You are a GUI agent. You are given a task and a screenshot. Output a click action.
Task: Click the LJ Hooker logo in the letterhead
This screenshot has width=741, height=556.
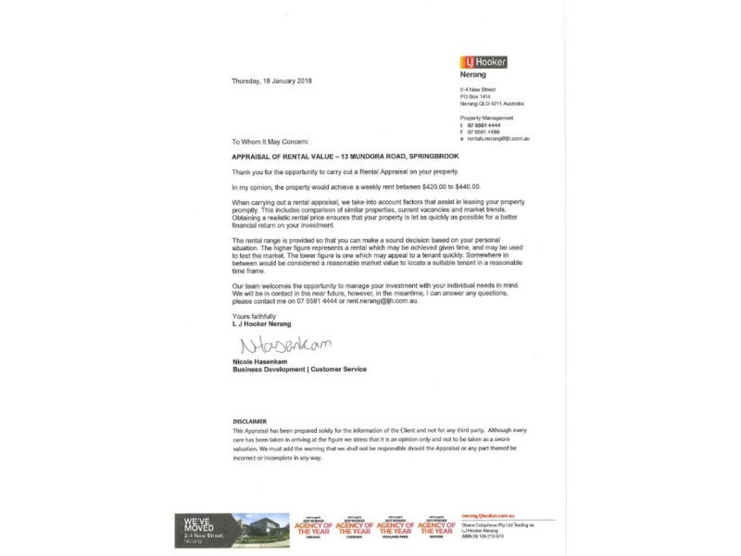coord(484,62)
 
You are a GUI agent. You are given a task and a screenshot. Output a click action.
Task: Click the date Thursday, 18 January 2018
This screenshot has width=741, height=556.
coord(272,82)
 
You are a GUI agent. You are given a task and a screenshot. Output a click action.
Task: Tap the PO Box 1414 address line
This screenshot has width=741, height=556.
coord(478,96)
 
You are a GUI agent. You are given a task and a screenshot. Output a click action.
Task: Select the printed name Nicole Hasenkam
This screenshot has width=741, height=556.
coord(258,361)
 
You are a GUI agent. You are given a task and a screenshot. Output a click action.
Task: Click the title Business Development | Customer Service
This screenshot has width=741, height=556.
coord(298,369)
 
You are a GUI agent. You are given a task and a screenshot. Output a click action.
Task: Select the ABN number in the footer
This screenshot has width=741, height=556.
coord(492,537)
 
